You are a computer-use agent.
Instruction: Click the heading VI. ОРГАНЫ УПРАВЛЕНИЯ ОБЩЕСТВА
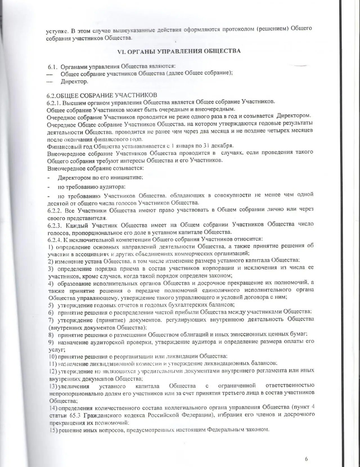(179, 51)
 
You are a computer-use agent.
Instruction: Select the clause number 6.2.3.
(55, 225)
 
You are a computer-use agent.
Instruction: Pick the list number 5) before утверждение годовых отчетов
(51, 305)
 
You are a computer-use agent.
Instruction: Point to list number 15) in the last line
(53, 430)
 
